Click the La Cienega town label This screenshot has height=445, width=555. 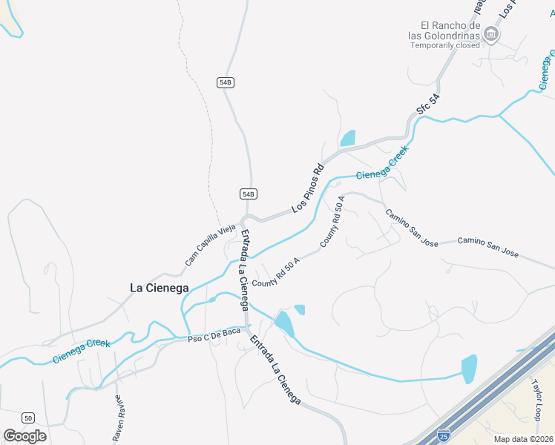click(x=159, y=288)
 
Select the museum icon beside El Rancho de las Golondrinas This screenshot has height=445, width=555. click(x=490, y=33)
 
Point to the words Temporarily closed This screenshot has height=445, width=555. click(x=446, y=45)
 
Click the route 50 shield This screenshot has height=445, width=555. click(x=27, y=418)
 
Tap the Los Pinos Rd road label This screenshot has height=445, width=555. click(x=309, y=188)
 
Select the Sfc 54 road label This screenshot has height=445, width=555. click(x=422, y=109)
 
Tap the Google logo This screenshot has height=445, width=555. click(x=25, y=436)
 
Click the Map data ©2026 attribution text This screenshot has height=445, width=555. click(x=523, y=439)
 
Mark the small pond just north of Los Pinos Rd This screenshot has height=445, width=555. click(x=347, y=138)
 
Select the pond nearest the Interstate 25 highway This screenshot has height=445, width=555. click(x=469, y=369)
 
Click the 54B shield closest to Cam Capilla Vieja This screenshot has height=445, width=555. click(x=249, y=194)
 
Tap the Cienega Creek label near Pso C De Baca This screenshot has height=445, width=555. click(x=81, y=352)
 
